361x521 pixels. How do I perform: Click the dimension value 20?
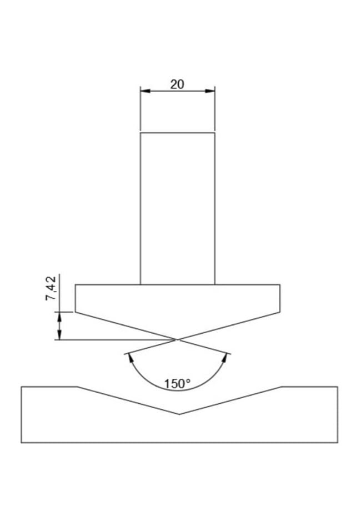[x=177, y=84]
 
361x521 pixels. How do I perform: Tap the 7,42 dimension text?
[x=51, y=288]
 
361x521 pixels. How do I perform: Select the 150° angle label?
[x=177, y=384]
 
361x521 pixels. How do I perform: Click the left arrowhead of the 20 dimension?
[x=145, y=91]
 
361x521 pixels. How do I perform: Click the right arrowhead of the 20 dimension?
[x=210, y=91]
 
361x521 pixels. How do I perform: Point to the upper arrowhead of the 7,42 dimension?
[x=59, y=317]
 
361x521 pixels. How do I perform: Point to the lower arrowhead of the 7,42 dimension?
[x=59, y=335]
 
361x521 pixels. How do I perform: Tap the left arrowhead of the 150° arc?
[x=131, y=358]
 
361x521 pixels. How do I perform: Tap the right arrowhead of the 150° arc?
[x=226, y=358]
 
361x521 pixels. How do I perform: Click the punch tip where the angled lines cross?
[x=178, y=339]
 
